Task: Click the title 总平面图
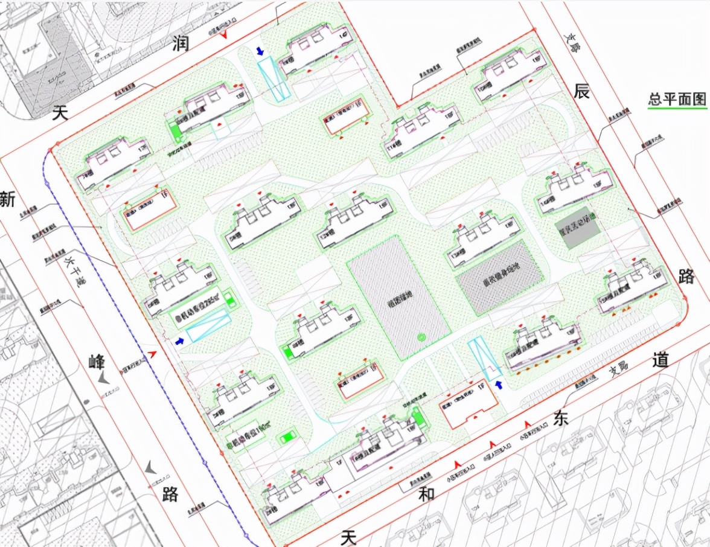(677, 99)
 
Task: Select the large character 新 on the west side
(7, 199)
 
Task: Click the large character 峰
(97, 362)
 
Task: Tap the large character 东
(561, 418)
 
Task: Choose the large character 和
(427, 494)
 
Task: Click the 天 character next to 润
(60, 112)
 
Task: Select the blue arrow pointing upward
(499, 385)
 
